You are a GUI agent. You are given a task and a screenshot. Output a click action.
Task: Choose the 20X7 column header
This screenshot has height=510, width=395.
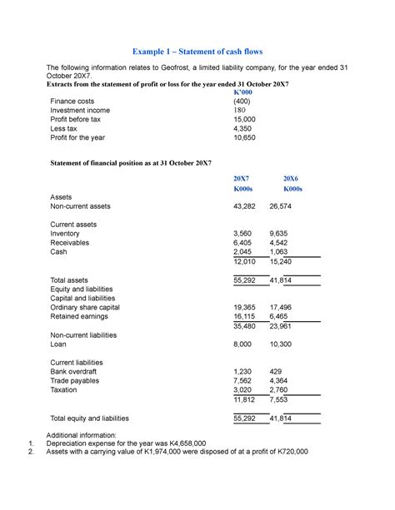242,179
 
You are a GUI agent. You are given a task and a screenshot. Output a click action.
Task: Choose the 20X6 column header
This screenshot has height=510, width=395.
292,179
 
